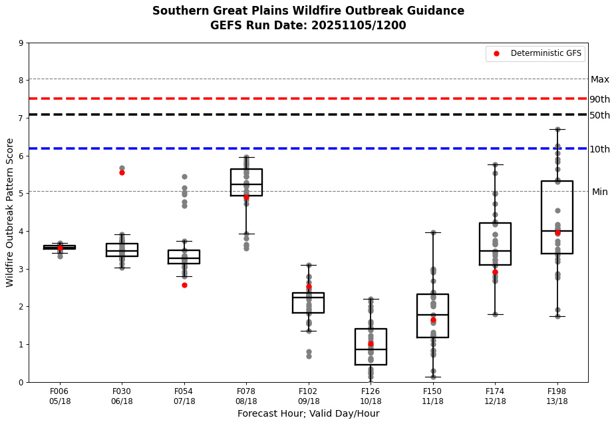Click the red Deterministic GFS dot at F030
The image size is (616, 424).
[122, 172]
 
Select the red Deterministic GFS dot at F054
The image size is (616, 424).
[184, 285]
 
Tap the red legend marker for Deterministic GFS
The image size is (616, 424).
[496, 53]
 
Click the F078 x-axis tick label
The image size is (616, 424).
[246, 396]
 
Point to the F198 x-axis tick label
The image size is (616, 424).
[557, 396]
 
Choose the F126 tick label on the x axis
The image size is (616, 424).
[371, 396]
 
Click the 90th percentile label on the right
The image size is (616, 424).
[599, 99]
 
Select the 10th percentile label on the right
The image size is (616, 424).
[599, 149]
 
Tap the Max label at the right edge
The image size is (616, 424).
[599, 79]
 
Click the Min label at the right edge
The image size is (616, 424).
[599, 192]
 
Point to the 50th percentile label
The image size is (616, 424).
[599, 115]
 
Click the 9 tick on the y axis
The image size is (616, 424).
[21, 44]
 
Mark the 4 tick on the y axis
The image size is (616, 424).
[21, 232]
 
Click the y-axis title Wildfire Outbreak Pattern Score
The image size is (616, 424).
[10, 212]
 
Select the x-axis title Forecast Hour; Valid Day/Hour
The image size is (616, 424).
[308, 413]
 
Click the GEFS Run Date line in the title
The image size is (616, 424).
[308, 25]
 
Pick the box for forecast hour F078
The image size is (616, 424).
[246, 182]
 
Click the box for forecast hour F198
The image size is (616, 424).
[557, 217]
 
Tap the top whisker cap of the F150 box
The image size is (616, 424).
[432, 232]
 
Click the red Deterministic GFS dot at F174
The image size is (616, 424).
[495, 272]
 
